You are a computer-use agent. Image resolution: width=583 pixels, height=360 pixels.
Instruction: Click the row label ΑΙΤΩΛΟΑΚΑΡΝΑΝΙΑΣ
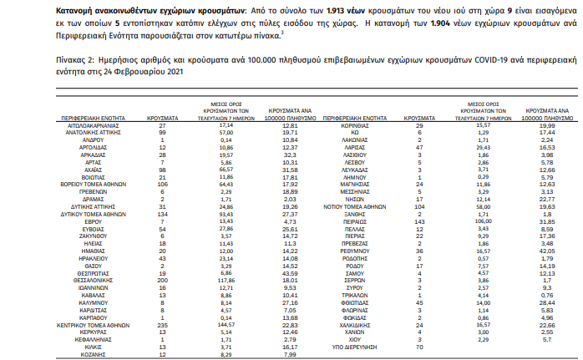point(84,124)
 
